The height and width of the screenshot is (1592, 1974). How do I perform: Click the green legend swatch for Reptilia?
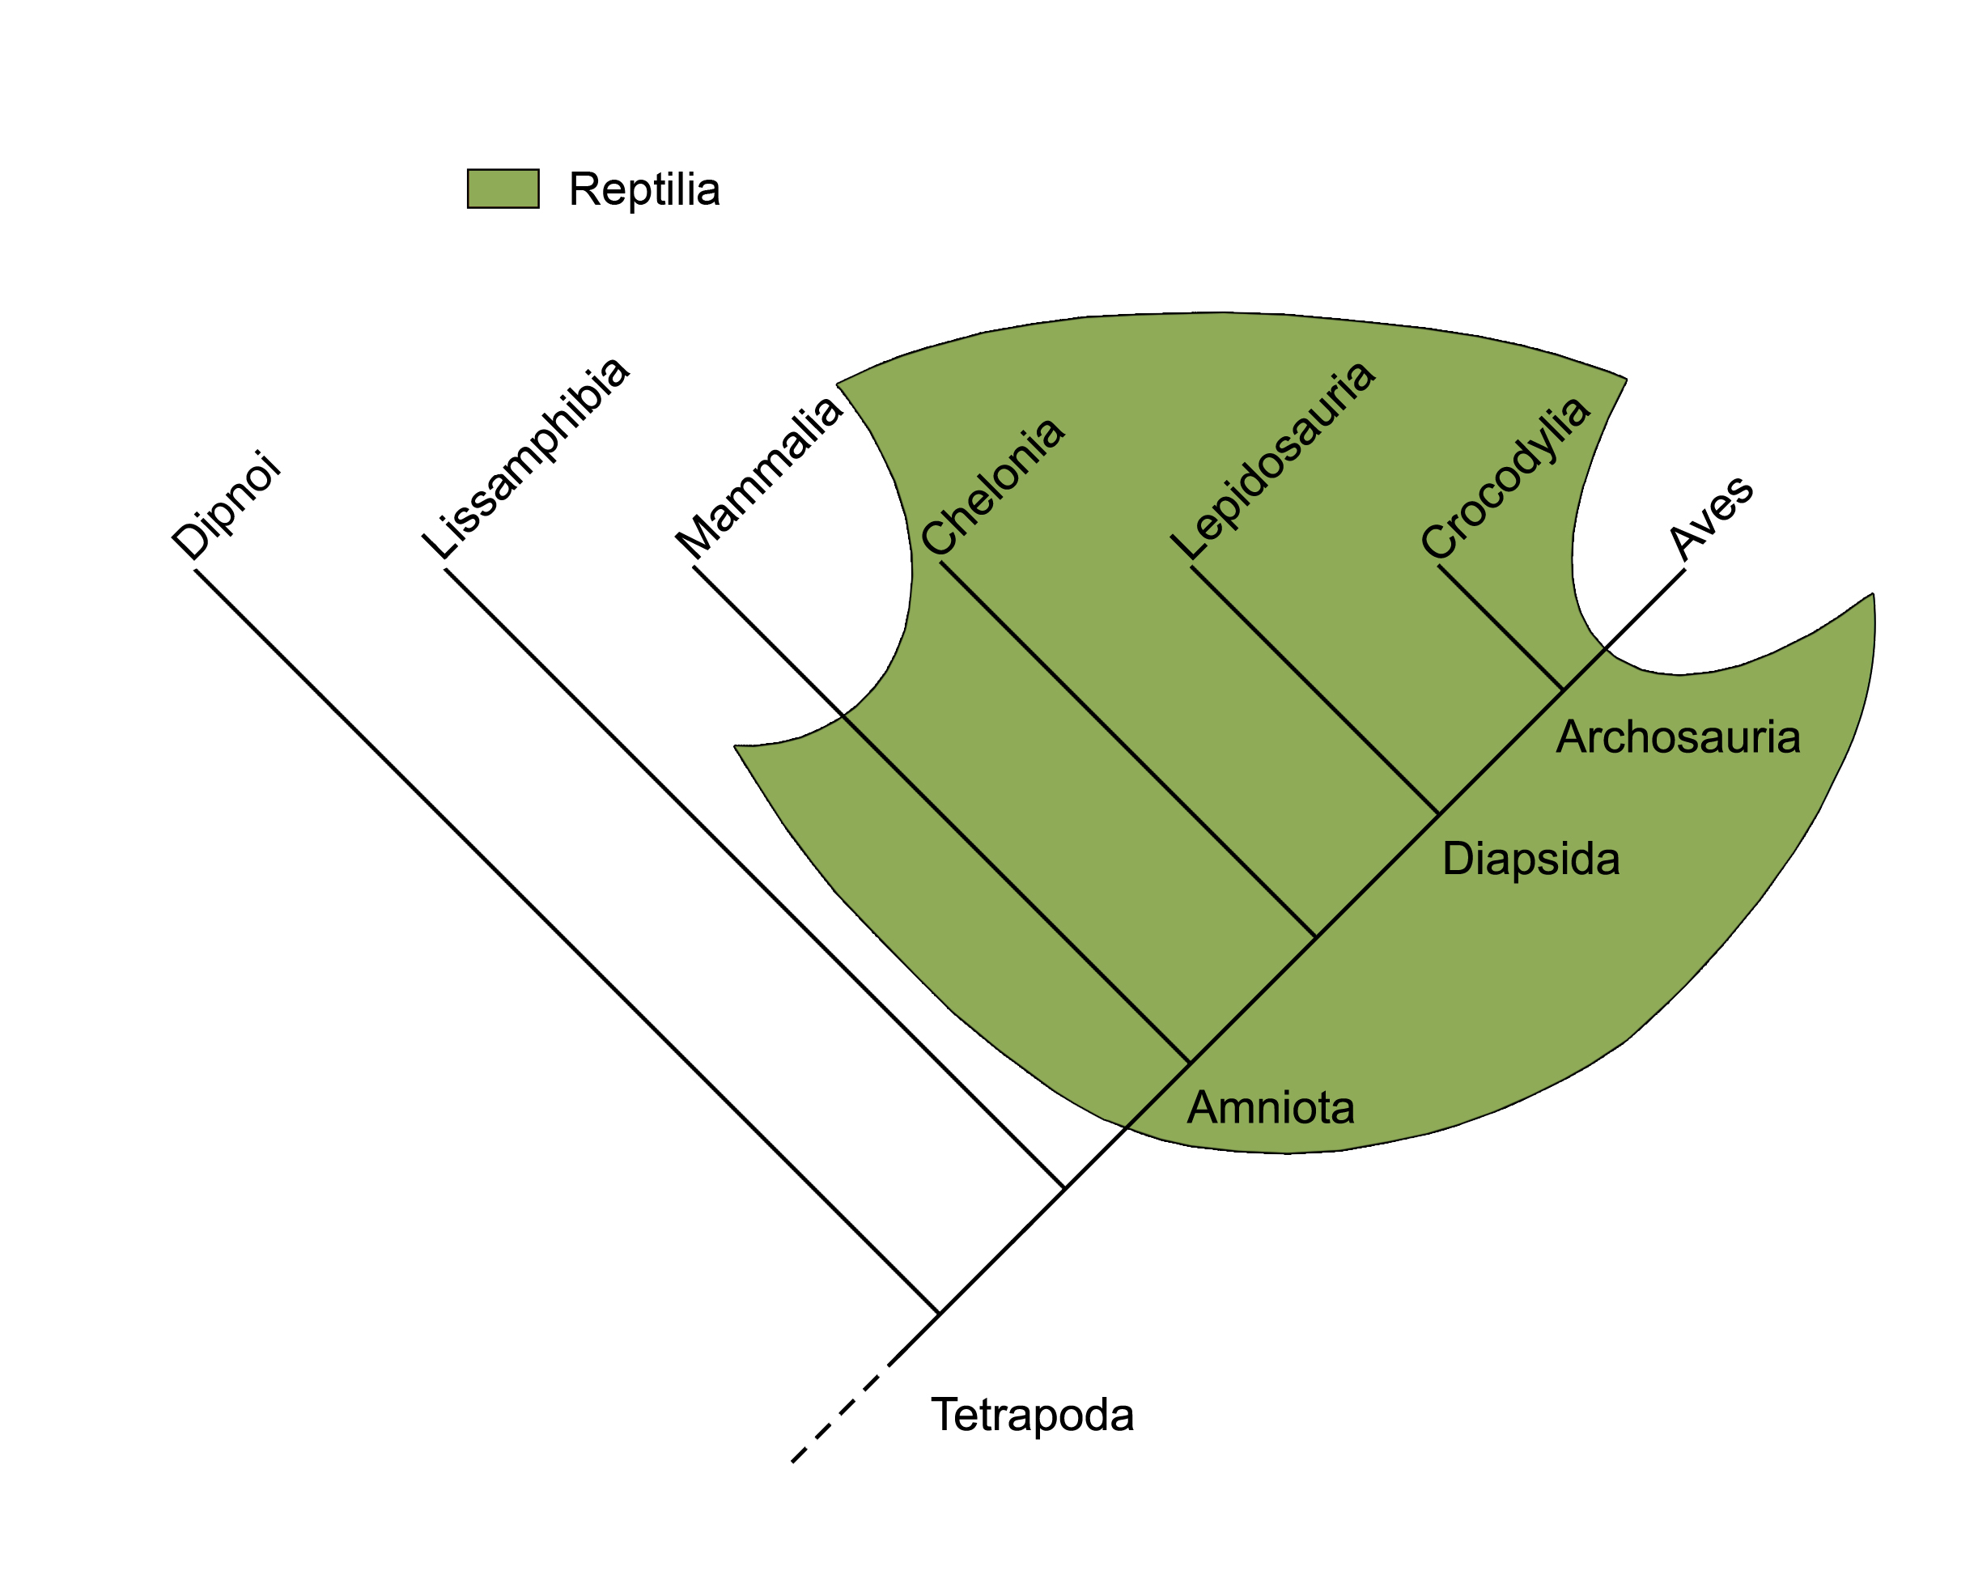(x=503, y=189)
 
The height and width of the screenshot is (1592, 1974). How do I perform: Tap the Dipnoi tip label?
(x=226, y=505)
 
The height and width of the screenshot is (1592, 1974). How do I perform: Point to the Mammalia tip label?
(x=759, y=476)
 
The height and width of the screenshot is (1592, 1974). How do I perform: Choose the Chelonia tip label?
(x=993, y=487)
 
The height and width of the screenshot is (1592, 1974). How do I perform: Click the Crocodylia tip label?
(x=1505, y=478)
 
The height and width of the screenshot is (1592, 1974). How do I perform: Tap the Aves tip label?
(x=1711, y=518)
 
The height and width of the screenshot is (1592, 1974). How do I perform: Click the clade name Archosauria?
(x=1678, y=737)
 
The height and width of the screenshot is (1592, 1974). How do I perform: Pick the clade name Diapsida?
(x=1530, y=860)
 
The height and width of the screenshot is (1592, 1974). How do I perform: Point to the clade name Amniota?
(x=1271, y=1108)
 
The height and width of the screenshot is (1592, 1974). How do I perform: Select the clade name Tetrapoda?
(x=1033, y=1415)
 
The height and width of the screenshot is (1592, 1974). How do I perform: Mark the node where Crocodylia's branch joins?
(x=1562, y=690)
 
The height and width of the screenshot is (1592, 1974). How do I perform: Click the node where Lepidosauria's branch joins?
(x=1438, y=813)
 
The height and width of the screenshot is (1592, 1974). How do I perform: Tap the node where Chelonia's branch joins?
(x=1314, y=937)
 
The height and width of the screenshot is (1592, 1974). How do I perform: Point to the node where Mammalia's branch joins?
(x=1189, y=1063)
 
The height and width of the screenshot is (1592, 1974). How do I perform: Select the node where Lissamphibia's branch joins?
(x=1063, y=1188)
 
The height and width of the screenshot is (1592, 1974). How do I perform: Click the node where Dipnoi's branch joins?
(x=939, y=1314)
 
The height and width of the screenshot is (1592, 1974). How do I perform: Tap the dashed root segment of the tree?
(x=840, y=1412)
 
